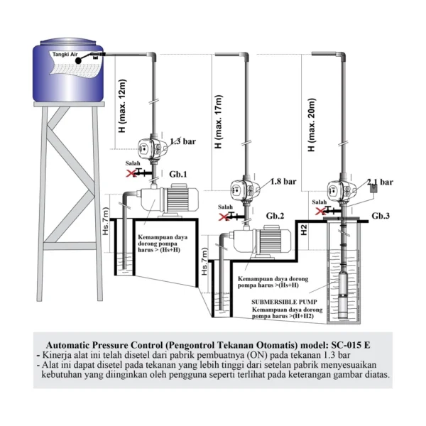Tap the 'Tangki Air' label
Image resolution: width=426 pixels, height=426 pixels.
click(65, 54)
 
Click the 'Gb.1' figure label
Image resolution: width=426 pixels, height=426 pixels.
click(178, 174)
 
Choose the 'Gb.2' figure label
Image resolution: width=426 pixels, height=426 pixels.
click(275, 215)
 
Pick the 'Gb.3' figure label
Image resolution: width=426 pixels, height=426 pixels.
click(381, 215)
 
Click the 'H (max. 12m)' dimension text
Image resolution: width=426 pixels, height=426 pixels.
click(122, 111)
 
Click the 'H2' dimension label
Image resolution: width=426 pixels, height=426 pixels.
click(303, 231)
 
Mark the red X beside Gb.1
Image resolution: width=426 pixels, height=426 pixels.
click(131, 173)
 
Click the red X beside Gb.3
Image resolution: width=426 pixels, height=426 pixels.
click(321, 211)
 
